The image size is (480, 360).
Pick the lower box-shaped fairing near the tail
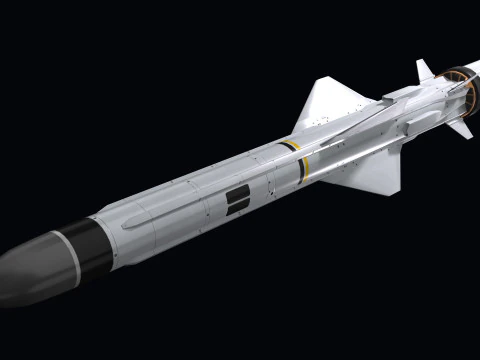(420, 124)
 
